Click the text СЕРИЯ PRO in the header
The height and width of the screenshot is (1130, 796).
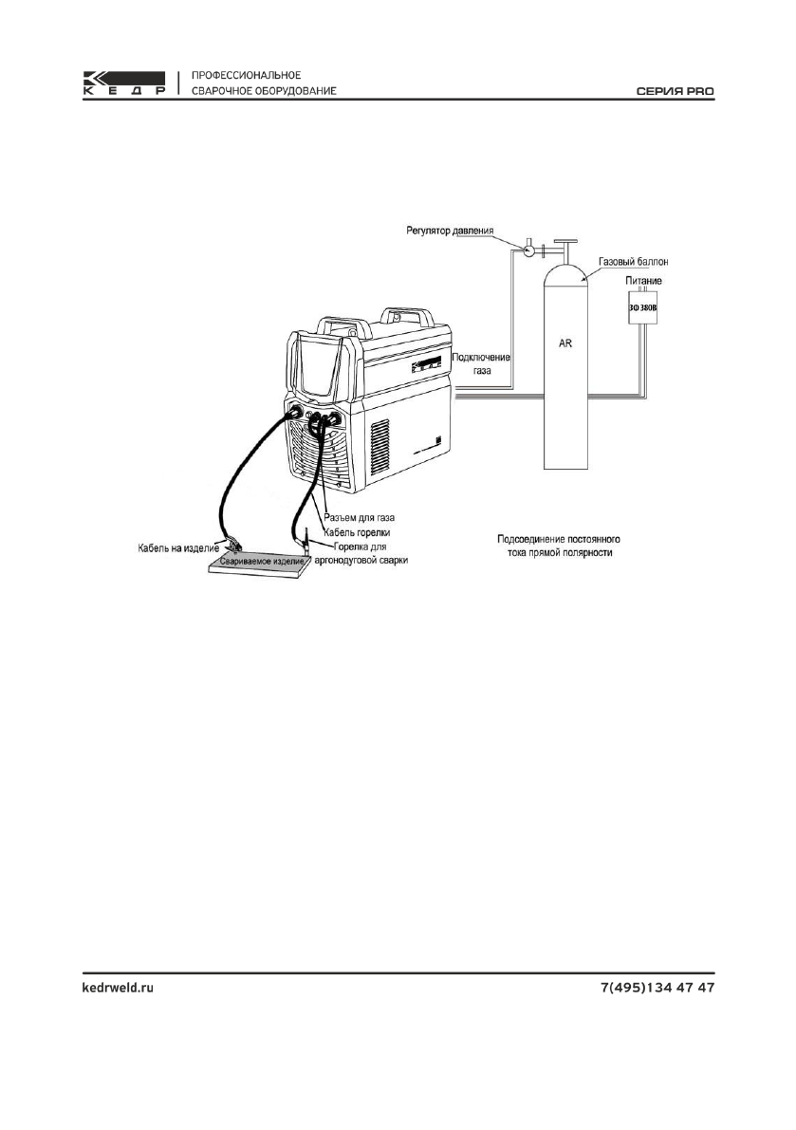point(675,91)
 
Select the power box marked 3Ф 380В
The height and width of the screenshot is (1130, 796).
point(644,307)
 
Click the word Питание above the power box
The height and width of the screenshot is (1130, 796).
point(644,281)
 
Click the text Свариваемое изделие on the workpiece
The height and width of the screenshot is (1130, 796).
point(261,562)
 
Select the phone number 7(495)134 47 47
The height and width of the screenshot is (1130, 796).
point(657,988)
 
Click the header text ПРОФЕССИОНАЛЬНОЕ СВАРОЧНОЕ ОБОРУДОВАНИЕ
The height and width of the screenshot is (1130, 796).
point(260,83)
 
